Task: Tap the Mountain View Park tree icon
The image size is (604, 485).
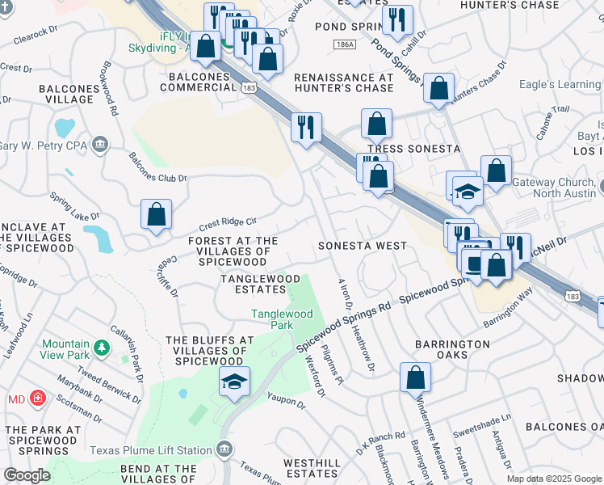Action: tap(102, 348)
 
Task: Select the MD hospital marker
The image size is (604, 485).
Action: tap(37, 399)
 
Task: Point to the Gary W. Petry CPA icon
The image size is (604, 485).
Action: tap(101, 145)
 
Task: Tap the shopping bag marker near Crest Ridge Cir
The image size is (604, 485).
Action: tap(157, 214)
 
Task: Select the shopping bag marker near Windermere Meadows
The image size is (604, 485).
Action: tap(415, 377)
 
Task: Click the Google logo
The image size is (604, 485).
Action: tap(27, 474)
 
